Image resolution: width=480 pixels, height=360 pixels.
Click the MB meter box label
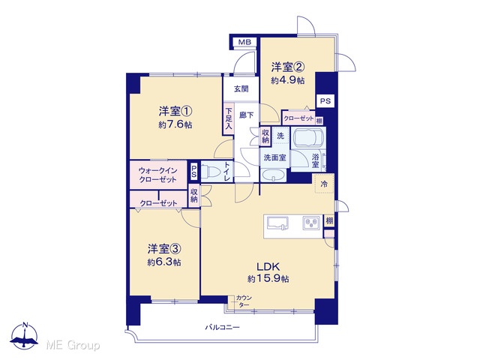244,42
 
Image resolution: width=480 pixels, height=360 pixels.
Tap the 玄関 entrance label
241,89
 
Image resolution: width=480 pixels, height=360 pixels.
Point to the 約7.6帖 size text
175,125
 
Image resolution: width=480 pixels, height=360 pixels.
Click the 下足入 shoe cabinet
228,118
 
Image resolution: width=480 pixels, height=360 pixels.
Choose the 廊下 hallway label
246,115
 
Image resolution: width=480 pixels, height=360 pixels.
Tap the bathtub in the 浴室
308,137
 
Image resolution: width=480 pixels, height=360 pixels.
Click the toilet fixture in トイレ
211,172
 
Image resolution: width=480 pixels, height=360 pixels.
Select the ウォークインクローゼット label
158,175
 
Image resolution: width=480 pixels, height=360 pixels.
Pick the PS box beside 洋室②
325,100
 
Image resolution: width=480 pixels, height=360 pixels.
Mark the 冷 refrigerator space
324,184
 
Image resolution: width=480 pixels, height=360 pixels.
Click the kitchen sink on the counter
277,223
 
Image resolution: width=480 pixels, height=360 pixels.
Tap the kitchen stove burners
312,223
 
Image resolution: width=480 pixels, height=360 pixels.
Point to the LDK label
268,266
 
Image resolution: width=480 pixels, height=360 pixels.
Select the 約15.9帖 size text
268,279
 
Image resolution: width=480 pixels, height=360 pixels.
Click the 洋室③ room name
164,249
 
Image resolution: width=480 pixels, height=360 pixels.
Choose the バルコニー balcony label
222,327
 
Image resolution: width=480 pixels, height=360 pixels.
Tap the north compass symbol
24,335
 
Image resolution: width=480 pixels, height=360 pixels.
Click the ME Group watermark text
73,345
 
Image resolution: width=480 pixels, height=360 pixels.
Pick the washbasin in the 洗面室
274,175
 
